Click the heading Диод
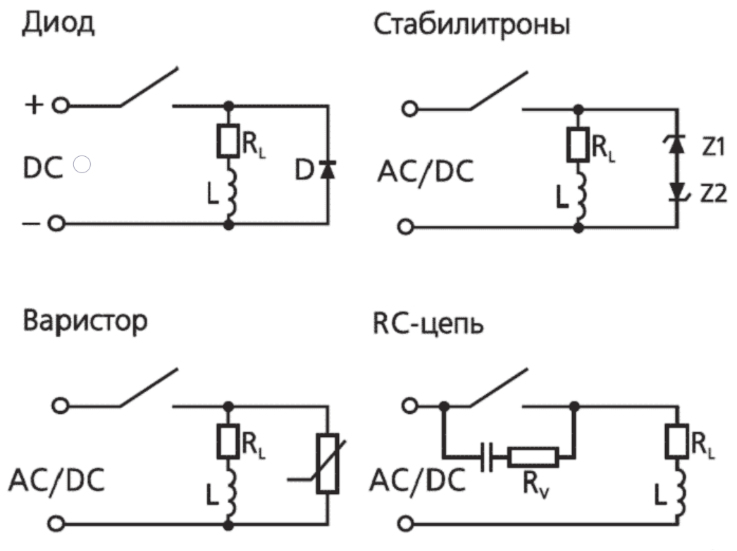(58, 26)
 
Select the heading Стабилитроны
(471, 27)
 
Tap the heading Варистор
(85, 322)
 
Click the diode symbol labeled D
(327, 169)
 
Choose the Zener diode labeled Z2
(676, 190)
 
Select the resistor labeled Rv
(533, 457)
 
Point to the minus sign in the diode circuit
(30, 224)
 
